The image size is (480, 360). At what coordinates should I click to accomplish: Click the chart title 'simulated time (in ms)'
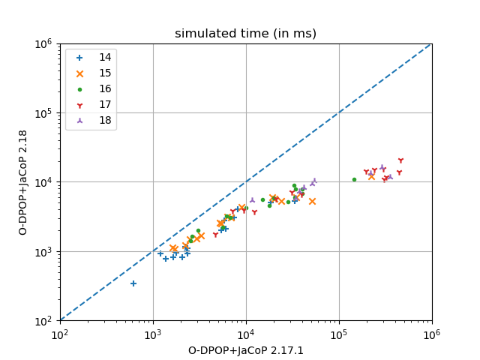point(245,34)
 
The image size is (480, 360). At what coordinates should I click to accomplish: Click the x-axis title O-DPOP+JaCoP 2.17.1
point(245,349)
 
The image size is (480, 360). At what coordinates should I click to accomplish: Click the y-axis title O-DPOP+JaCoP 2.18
point(22,182)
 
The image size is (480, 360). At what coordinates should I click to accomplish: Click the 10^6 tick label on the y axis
point(43,43)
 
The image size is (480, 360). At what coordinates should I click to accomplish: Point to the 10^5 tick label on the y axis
point(43,113)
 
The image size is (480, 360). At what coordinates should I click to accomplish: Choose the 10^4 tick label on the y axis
point(43,182)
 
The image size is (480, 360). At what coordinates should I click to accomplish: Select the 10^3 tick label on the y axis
point(43,252)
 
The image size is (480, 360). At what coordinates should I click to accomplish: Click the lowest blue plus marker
point(133,283)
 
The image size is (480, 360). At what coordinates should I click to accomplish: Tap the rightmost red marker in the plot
point(400,160)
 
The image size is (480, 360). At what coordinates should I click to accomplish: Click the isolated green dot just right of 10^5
point(354,179)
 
